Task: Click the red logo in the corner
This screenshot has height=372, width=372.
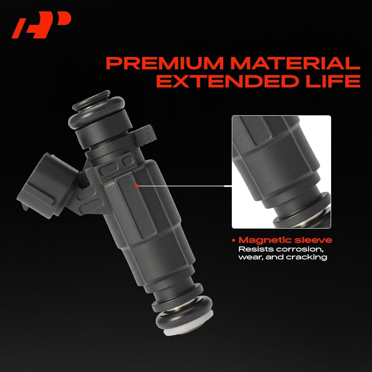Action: pyautogui.click(x=42, y=25)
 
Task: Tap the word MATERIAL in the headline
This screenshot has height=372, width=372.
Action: pyautogui.click(x=295, y=63)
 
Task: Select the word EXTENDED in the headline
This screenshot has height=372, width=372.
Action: pyautogui.click(x=227, y=81)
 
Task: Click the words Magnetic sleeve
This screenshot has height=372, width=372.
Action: pyautogui.click(x=285, y=240)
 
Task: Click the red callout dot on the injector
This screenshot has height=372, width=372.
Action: pyautogui.click(x=137, y=186)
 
